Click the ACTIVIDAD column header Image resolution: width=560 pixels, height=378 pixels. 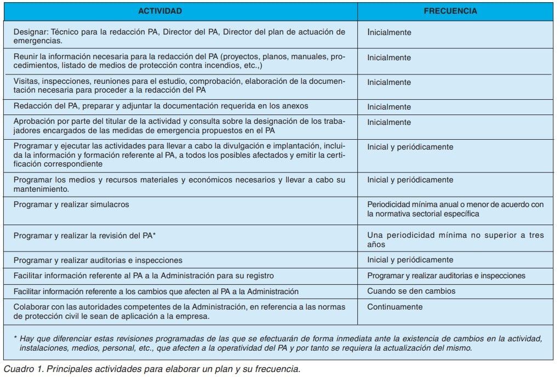coord(160,11)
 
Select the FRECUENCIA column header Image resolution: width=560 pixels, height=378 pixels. coord(450,11)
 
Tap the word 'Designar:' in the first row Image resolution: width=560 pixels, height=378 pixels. coord(31,32)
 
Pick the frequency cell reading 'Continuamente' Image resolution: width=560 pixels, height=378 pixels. coord(395,307)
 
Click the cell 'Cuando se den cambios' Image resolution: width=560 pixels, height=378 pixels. coord(411,291)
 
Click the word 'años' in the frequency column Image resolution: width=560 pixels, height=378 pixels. coord(376,244)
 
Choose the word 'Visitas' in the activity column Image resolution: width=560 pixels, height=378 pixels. coord(27,81)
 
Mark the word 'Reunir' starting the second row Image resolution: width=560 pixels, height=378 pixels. coord(26,57)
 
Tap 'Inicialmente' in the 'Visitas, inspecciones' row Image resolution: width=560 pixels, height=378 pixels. coord(389,82)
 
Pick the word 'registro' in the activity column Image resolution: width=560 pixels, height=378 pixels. coord(260,276)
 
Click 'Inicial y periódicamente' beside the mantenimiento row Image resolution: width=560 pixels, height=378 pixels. coord(410,180)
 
